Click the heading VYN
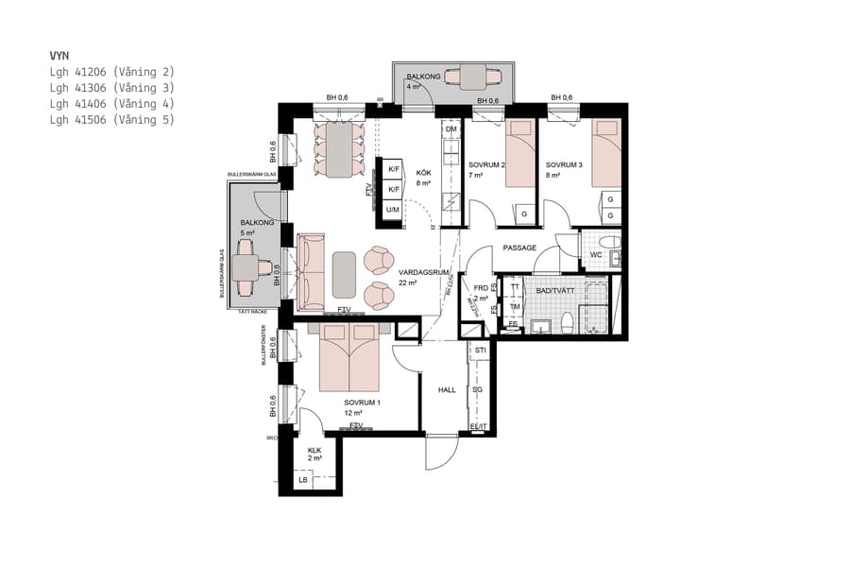point(60,56)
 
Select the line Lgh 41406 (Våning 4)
point(111,103)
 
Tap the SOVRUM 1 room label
point(363,403)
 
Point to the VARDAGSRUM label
point(408,272)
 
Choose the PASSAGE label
point(519,248)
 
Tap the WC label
point(596,254)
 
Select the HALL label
point(447,389)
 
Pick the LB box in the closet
point(303,480)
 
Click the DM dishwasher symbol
point(451,129)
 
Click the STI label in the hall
point(480,351)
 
